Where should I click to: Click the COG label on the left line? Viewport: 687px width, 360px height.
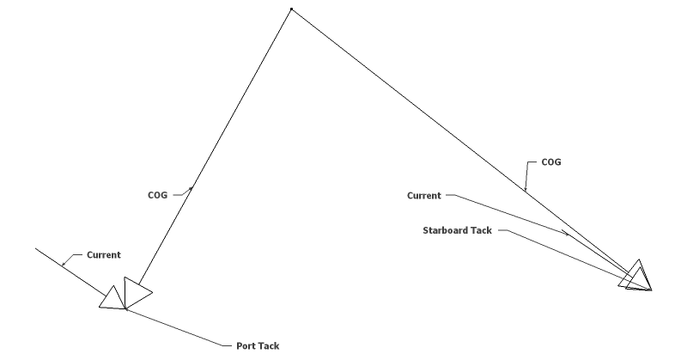(x=157, y=195)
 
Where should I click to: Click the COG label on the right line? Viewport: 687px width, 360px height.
(x=550, y=162)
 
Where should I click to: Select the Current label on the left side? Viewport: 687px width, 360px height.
(x=103, y=255)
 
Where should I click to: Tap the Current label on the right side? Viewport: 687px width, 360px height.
(x=424, y=196)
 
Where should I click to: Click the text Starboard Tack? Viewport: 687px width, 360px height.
(x=458, y=230)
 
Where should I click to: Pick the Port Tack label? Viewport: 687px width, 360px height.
(x=258, y=346)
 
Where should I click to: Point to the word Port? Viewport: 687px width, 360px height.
(x=246, y=346)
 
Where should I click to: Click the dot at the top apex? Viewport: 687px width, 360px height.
(x=291, y=9)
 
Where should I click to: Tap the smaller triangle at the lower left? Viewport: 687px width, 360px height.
(x=112, y=299)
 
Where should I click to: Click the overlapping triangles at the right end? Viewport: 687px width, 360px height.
(x=638, y=277)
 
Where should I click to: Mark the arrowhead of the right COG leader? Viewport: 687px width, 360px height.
(x=525, y=186)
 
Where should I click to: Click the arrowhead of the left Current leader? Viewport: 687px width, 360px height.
(x=64, y=262)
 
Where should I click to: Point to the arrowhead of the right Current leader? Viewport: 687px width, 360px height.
(x=567, y=232)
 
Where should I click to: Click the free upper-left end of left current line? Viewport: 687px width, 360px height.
(x=35, y=249)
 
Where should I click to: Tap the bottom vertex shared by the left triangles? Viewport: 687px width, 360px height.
(x=126, y=309)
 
